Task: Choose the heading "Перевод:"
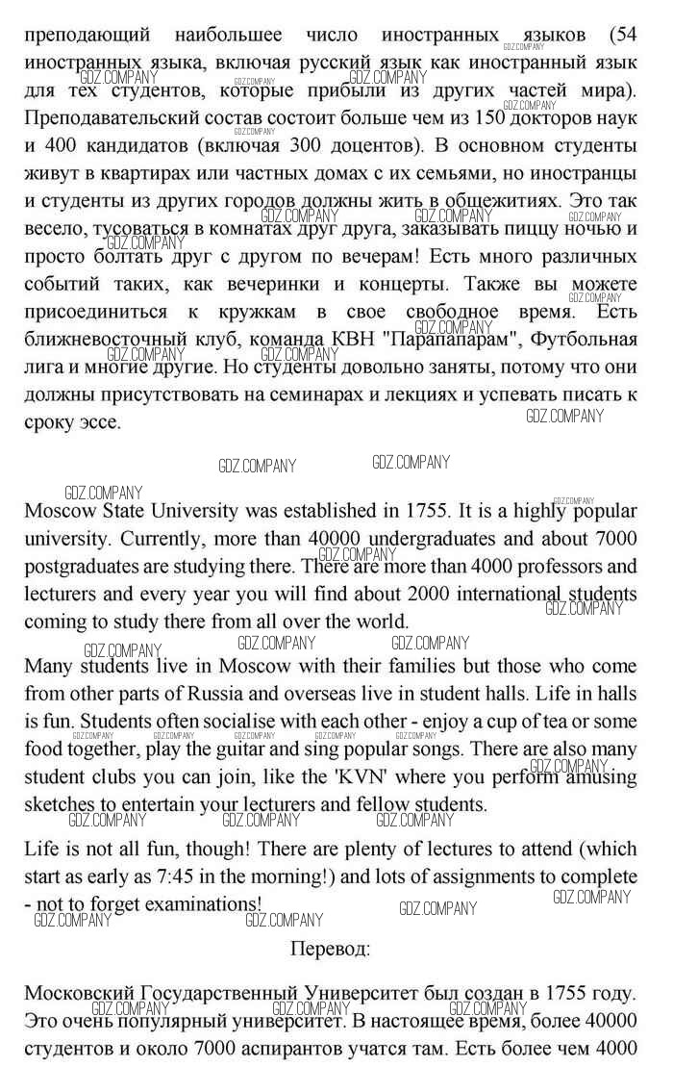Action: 330,949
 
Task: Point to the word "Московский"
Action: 78,992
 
